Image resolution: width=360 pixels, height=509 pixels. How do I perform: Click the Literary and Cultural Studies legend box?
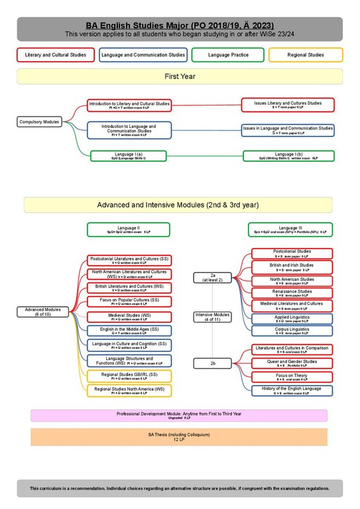pyautogui.click(x=56, y=55)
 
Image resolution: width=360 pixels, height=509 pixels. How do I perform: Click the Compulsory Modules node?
pyautogui.click(x=38, y=122)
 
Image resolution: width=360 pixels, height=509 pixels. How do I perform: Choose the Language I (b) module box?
pyautogui.click(x=289, y=156)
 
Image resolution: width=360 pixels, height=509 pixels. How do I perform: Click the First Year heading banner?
pyautogui.click(x=180, y=77)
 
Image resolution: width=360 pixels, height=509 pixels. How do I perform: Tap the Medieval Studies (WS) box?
pyautogui.click(x=129, y=317)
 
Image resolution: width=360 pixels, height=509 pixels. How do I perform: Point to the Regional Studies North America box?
pyautogui.click(x=129, y=390)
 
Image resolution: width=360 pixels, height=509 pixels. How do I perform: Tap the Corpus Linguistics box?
pyautogui.click(x=292, y=331)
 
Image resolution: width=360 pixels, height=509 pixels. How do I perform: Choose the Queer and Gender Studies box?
pyautogui.click(x=292, y=363)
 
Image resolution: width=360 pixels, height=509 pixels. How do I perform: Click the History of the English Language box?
pyautogui.click(x=292, y=390)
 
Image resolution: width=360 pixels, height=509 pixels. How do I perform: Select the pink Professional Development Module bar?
pyautogui.click(x=179, y=416)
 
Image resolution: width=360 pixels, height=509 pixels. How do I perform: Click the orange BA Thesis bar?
pyautogui.click(x=179, y=437)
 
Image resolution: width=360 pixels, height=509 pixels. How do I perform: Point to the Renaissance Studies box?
pyautogui.click(x=292, y=292)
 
